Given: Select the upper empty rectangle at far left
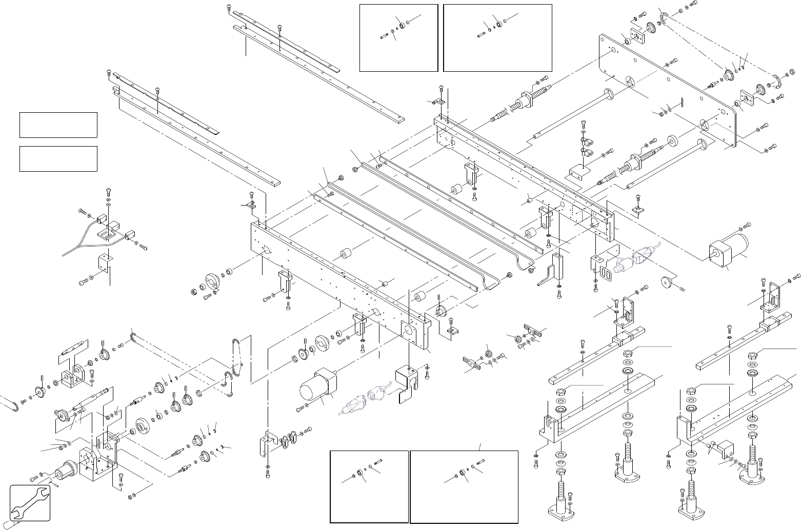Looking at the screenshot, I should pos(58,125).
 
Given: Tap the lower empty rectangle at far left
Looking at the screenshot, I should pos(58,158).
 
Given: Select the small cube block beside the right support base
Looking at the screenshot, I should pos(725,448).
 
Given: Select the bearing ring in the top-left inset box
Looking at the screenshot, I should pos(400,25).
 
